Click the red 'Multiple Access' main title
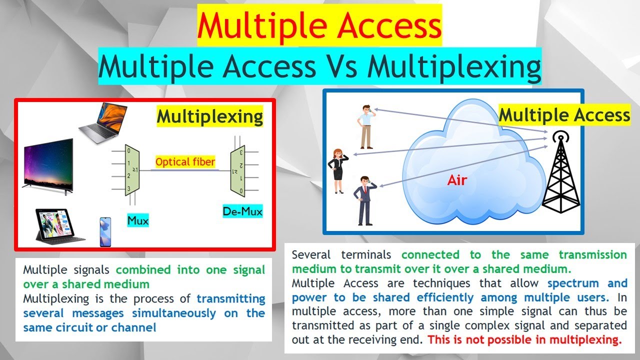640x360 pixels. coord(319,25)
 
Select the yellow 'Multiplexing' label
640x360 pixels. coord(210,117)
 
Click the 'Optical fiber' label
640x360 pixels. coord(185,162)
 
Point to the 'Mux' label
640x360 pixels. coord(138,220)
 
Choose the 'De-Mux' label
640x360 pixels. coord(242,211)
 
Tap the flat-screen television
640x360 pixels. coord(47,163)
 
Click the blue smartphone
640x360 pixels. coord(105,231)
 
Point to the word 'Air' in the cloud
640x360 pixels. coord(456,180)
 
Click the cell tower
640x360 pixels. coord(561,172)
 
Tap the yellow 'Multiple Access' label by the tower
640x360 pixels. coord(564,115)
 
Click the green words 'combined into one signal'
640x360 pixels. coord(190,270)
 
